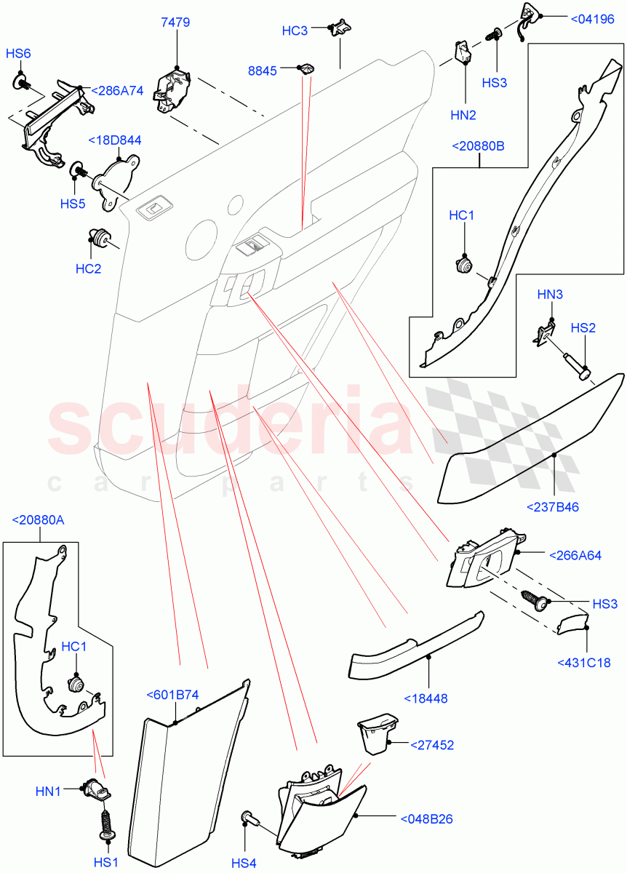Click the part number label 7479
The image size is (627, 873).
point(175,23)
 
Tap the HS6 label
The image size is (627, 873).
point(19,54)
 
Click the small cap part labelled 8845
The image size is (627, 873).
point(307,68)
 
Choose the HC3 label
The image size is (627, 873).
point(295,31)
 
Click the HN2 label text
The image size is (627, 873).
point(463,115)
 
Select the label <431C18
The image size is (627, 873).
point(583,662)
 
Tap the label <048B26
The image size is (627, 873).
point(427,818)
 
